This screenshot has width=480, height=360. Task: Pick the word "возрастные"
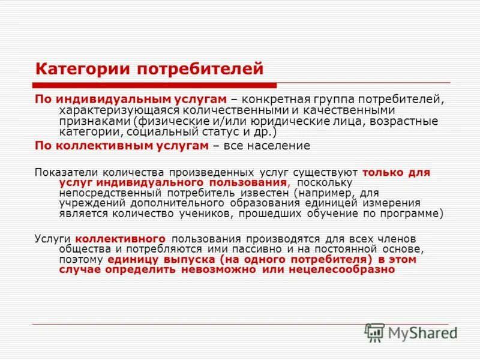[410, 122]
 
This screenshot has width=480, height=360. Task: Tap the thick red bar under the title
[155, 86]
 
